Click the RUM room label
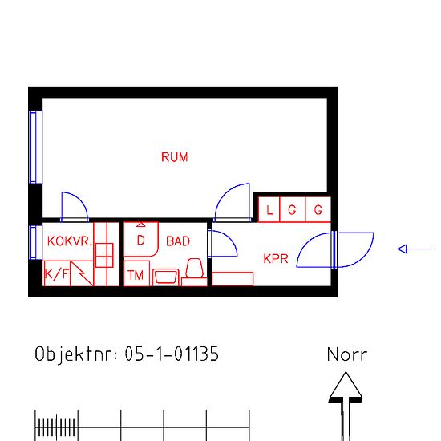click(174, 157)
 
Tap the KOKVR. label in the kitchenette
click(70, 241)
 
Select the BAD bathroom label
click(178, 241)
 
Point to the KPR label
click(276, 259)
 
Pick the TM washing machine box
click(136, 273)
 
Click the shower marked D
click(141, 240)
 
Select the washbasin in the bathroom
click(166, 277)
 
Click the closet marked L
click(269, 209)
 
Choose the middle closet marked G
click(293, 209)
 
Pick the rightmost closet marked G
click(318, 209)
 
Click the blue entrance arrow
click(415, 249)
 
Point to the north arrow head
click(346, 385)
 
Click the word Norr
click(347, 354)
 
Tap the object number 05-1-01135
click(172, 354)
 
